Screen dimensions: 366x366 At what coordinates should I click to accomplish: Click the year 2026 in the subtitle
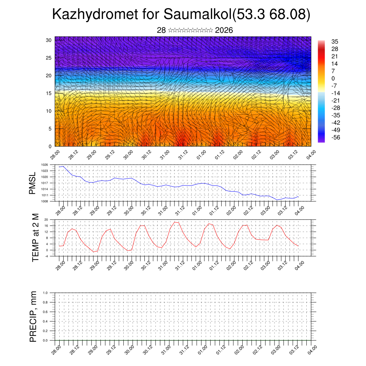tap(224, 30)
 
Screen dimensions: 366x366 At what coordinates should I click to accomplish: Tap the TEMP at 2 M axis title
tap(35, 238)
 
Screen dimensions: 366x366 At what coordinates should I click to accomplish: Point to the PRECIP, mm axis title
tap(33, 317)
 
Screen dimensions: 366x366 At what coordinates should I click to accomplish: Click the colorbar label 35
tap(335, 42)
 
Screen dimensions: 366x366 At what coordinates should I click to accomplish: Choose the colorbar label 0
tap(333, 78)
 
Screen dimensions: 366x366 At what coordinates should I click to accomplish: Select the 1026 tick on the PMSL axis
tap(44, 165)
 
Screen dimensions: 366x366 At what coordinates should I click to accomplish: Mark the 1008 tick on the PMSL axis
tap(44, 201)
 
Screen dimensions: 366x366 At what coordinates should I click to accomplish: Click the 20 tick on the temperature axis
tap(46, 219)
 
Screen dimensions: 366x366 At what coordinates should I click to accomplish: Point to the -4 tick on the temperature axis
tap(46, 256)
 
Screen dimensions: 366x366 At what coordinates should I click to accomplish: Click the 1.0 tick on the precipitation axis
tap(45, 292)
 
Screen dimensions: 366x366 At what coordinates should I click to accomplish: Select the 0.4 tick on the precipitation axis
tap(45, 321)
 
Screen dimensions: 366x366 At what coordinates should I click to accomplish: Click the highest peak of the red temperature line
tap(174, 222)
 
